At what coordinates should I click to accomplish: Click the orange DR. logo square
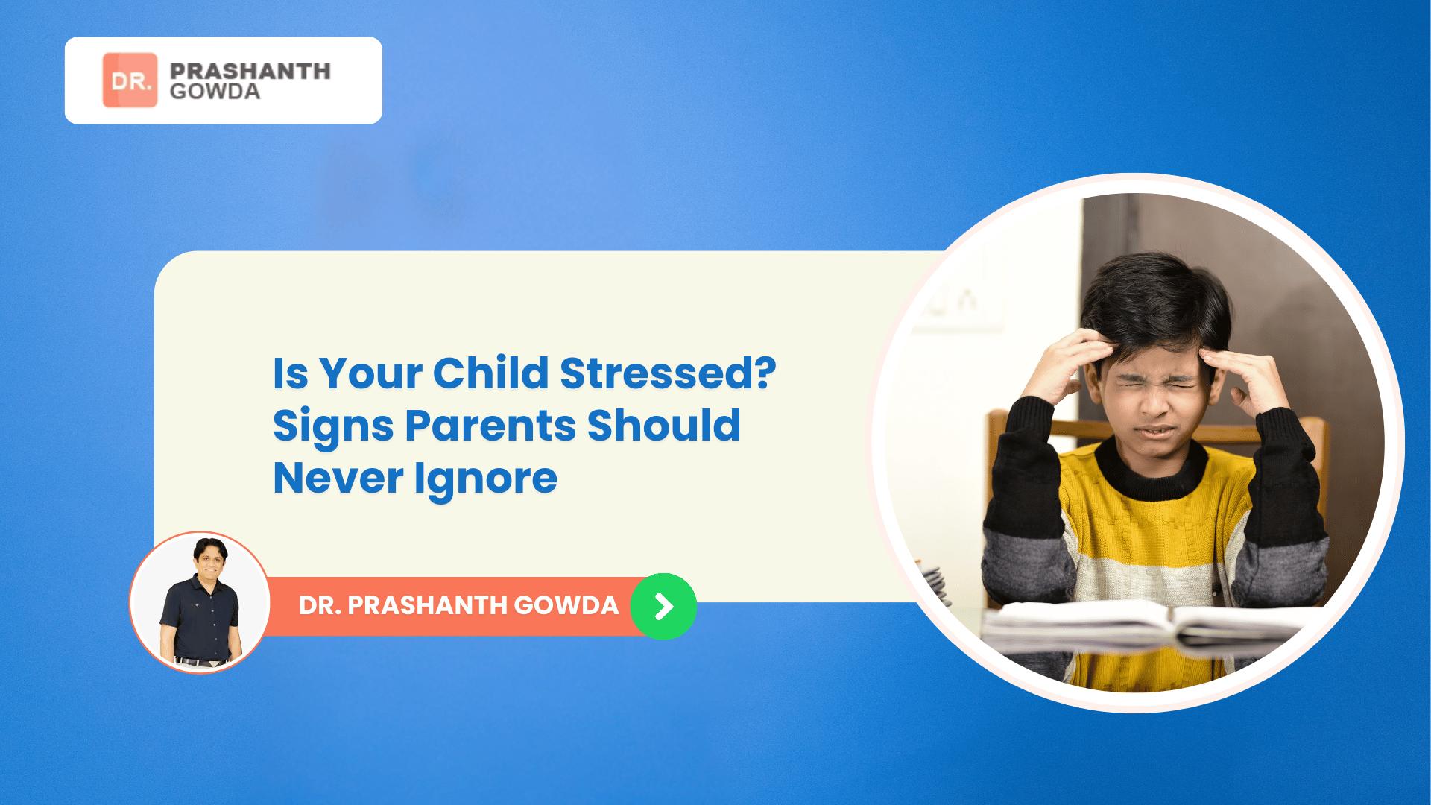tap(130, 80)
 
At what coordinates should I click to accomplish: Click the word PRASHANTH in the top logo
tap(250, 71)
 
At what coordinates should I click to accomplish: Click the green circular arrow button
tap(663, 606)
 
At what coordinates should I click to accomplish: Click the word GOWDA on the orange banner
tap(566, 606)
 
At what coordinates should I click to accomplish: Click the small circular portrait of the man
tap(200, 602)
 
